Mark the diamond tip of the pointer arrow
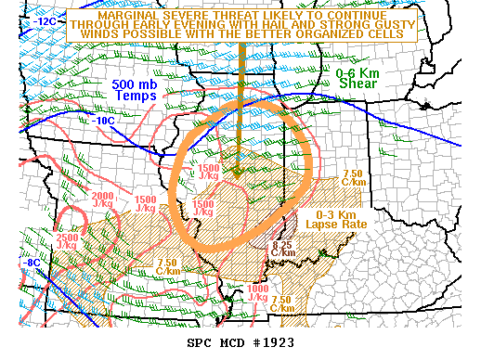click(x=238, y=171)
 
